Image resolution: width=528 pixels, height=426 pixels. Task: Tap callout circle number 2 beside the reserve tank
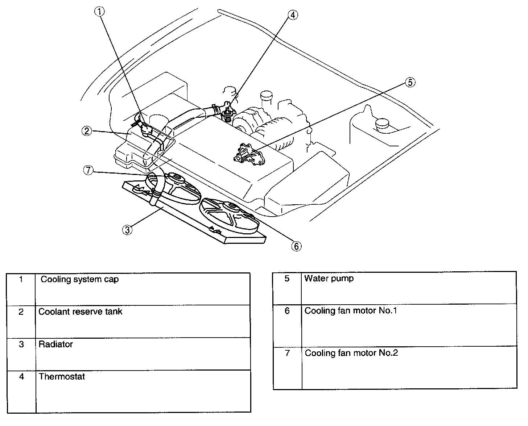[x=86, y=131]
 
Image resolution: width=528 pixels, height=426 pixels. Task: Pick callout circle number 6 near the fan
[x=296, y=246]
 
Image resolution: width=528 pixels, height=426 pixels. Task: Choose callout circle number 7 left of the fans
[x=88, y=170]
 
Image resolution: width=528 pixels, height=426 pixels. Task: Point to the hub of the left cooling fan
[x=177, y=177]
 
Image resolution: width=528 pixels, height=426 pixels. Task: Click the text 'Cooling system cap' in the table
[x=79, y=280]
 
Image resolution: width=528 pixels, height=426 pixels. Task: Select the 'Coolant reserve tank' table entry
[x=80, y=312]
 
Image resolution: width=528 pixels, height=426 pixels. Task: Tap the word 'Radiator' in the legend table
[x=55, y=344]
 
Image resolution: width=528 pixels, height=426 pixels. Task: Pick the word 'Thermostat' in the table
[x=62, y=377]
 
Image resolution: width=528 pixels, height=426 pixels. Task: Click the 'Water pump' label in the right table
[x=329, y=279]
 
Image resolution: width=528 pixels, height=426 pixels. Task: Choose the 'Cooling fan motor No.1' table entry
[x=350, y=311]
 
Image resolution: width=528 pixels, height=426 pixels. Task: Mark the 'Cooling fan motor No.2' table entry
[x=351, y=353]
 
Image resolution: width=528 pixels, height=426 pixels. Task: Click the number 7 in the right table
[x=287, y=353]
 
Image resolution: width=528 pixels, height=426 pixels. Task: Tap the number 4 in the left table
[x=21, y=377]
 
